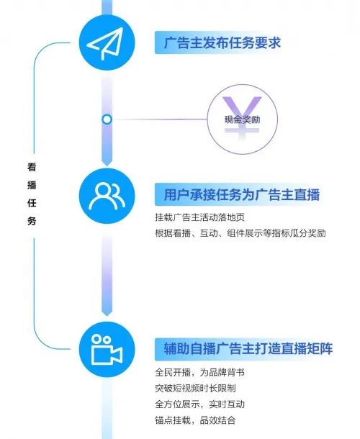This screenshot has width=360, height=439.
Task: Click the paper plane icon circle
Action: pos(107,43)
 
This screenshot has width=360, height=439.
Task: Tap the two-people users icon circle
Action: pos(107,196)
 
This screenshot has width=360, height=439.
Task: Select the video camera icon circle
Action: pos(107,350)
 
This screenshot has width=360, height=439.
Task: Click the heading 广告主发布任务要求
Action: pos(222,43)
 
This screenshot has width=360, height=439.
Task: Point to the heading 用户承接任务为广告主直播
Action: pos(241,194)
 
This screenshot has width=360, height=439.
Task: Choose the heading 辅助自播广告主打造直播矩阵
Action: pos(248,349)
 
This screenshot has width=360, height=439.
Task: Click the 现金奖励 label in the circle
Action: pos(243,119)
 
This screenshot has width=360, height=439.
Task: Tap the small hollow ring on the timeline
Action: pos(107,119)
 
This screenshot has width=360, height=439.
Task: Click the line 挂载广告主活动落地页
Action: pos(200,217)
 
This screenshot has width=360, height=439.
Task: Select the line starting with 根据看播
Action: pos(240,233)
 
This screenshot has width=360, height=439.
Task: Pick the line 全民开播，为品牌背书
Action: pos(200,372)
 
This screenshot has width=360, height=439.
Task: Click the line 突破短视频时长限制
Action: pos(196,389)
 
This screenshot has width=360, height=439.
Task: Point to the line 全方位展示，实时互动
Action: pos(200,404)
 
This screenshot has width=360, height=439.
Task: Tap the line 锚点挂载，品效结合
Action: pos(196,420)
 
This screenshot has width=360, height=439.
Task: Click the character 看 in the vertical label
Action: pos(32,167)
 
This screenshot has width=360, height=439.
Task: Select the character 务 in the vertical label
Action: pos(32,221)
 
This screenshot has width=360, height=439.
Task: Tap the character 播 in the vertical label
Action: pos(32,185)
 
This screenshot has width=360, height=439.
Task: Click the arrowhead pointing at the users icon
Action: pos(107,163)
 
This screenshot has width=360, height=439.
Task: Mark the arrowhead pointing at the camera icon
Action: pos(107,312)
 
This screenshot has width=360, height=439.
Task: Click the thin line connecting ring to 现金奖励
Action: pos(160,119)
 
